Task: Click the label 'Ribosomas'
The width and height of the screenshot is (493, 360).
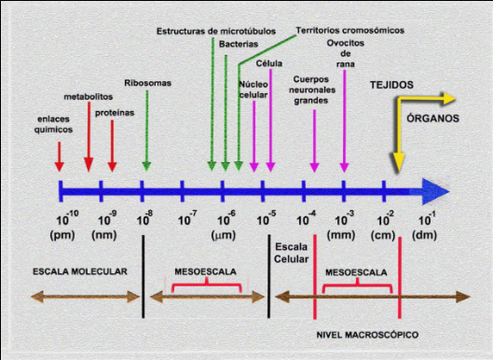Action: tap(147, 82)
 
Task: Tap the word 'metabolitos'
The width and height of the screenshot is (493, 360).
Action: tap(89, 96)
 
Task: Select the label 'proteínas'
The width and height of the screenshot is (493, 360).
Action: tap(113, 112)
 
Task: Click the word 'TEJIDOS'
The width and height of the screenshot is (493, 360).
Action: tap(391, 83)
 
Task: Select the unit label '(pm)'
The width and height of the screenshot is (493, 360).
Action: tap(62, 235)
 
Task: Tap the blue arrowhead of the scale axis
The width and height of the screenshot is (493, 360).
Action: tap(431, 190)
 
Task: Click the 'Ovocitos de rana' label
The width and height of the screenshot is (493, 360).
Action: tap(345, 54)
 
